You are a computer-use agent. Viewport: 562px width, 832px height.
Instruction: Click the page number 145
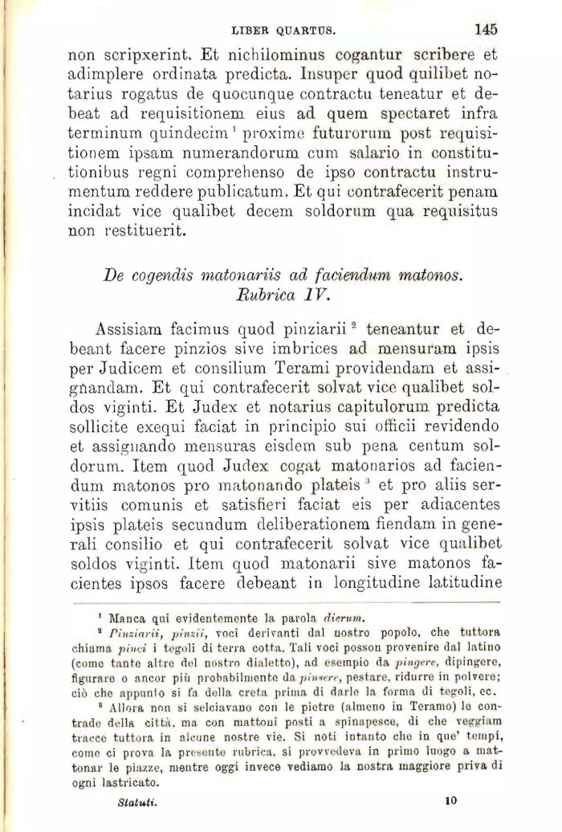[x=486, y=29]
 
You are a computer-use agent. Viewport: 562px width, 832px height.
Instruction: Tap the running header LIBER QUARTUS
[x=282, y=31]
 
